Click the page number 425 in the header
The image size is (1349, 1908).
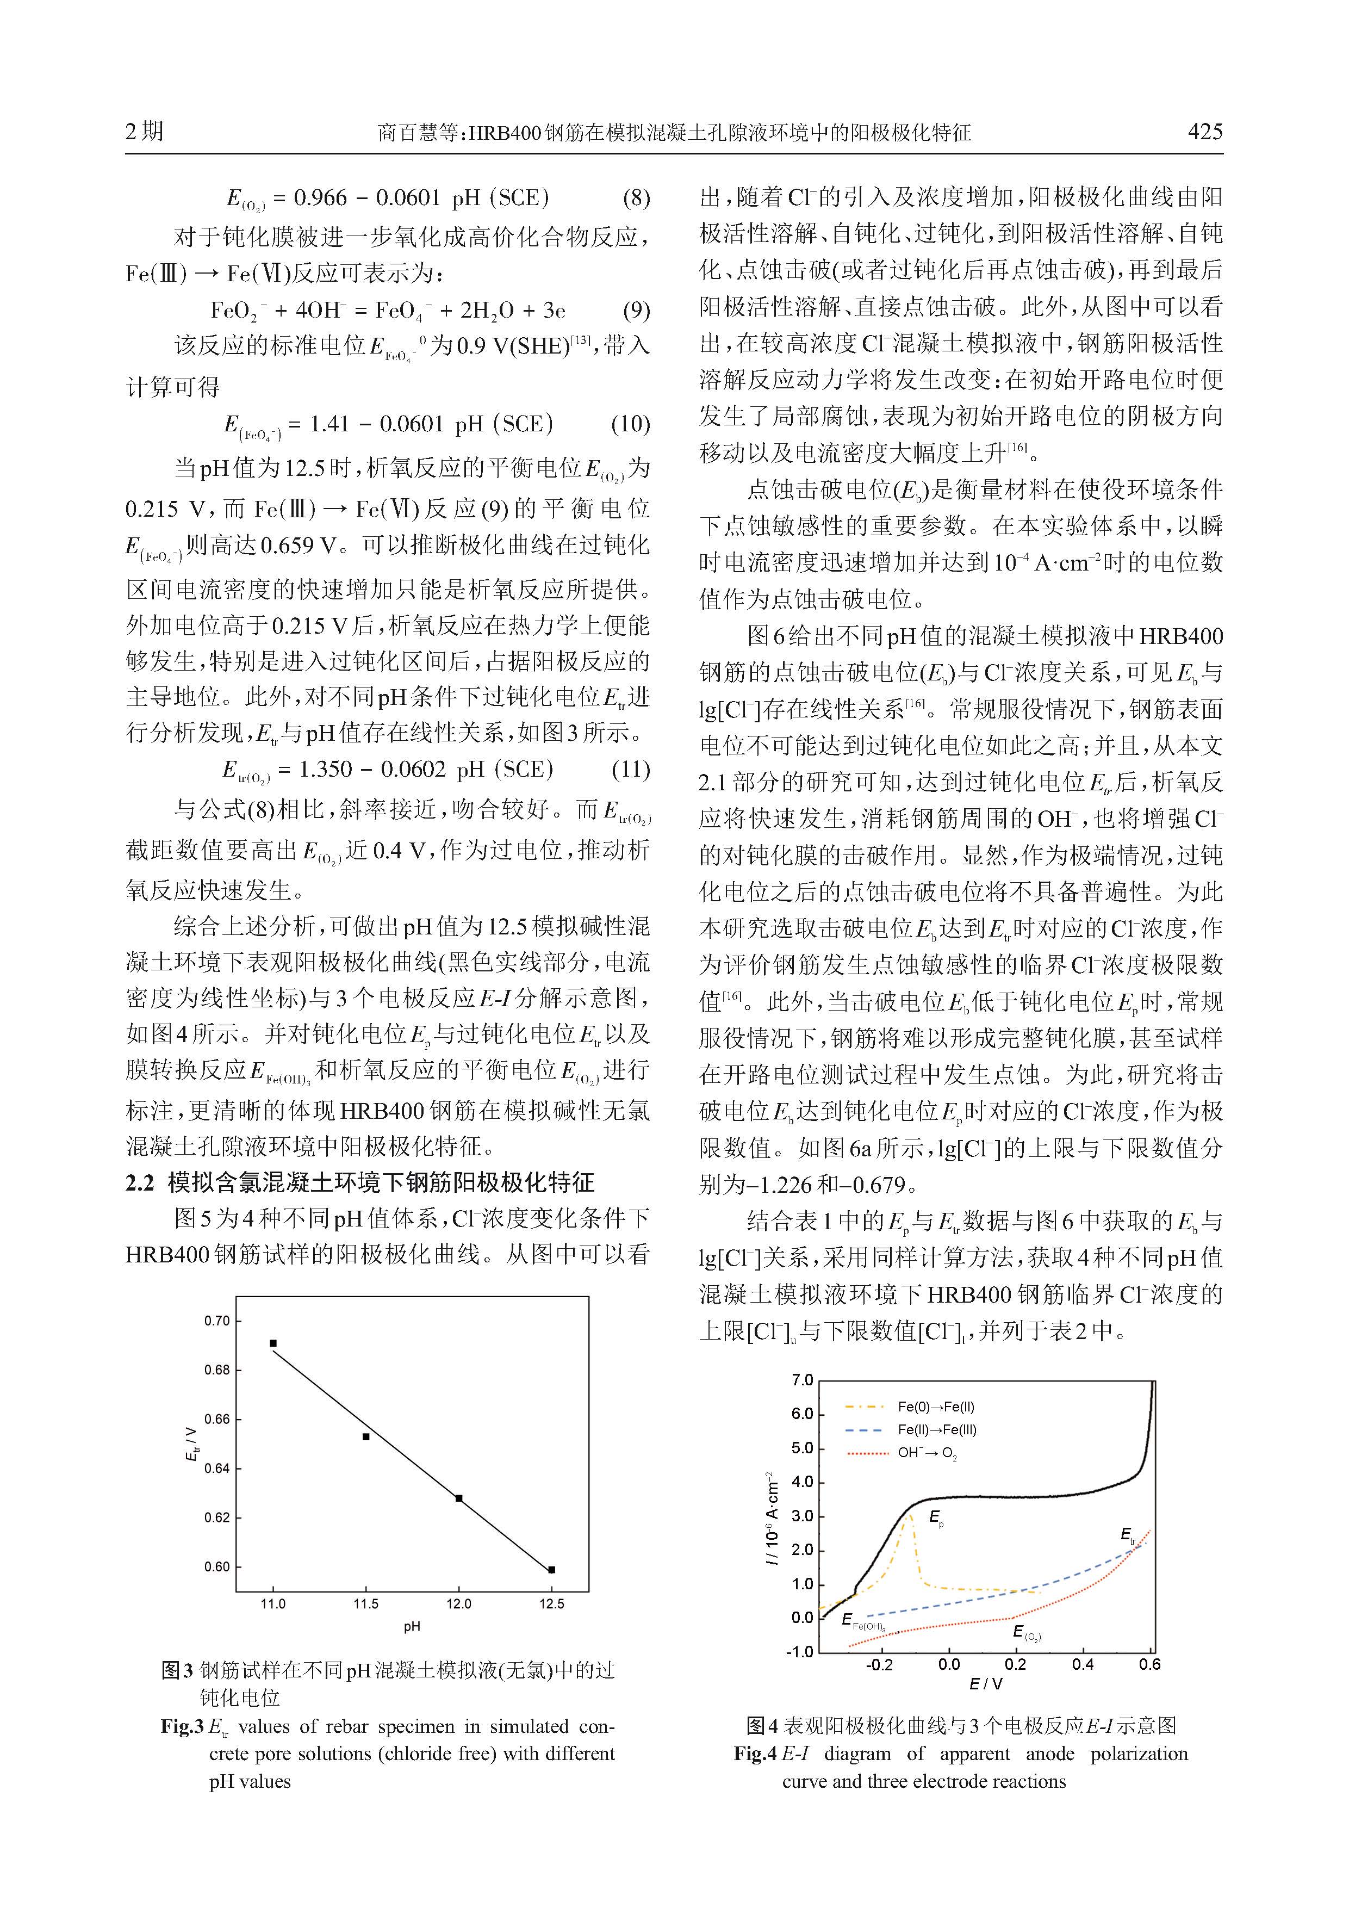(x=1204, y=131)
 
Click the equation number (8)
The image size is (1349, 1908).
(x=636, y=198)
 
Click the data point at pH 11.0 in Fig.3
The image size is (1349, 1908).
(x=273, y=1343)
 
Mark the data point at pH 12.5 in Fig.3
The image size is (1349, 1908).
(x=551, y=1570)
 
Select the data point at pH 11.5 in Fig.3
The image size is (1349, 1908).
(x=366, y=1436)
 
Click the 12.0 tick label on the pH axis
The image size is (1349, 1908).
(x=458, y=1604)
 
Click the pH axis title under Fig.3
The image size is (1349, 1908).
(x=412, y=1626)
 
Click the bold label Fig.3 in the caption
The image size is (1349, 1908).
(x=182, y=1727)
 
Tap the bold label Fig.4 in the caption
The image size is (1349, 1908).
(x=754, y=1754)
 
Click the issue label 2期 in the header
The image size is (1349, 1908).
(x=145, y=131)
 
